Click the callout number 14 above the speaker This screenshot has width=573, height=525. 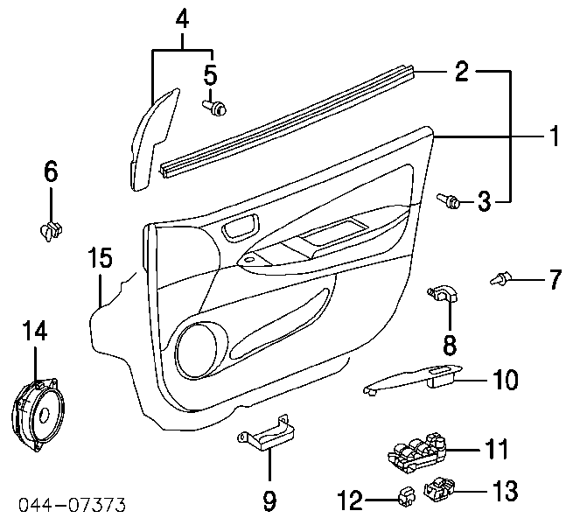pyautogui.click(x=36, y=331)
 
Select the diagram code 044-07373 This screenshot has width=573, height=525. pyautogui.click(x=72, y=505)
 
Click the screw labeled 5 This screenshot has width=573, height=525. pyautogui.click(x=215, y=108)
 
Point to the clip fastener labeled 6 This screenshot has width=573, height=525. pyautogui.click(x=51, y=231)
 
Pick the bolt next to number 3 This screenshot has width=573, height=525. pyautogui.click(x=449, y=201)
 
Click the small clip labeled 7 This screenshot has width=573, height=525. pyautogui.click(x=500, y=278)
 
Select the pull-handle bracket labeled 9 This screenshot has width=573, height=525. pyautogui.click(x=268, y=434)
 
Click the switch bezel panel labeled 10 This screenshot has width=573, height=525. pyautogui.click(x=413, y=381)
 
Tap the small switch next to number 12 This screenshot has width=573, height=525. pyautogui.click(x=407, y=497)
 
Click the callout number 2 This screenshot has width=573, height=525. pyautogui.click(x=462, y=71)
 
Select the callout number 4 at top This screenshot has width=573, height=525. pyautogui.click(x=182, y=18)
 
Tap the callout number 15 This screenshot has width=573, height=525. pyautogui.click(x=101, y=257)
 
